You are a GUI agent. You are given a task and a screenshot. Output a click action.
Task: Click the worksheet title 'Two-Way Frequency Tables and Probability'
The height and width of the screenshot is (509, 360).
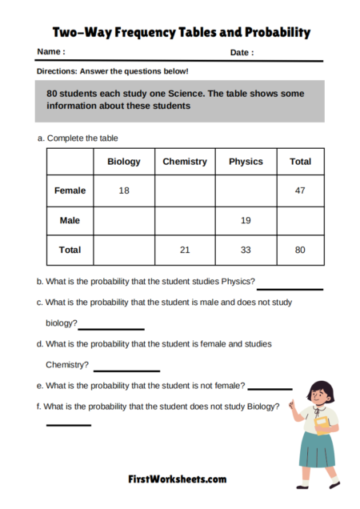(x=181, y=33)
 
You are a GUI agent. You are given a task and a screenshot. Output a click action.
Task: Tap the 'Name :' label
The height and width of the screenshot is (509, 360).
(x=51, y=53)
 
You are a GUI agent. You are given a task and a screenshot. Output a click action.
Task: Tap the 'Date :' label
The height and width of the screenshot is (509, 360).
(x=242, y=53)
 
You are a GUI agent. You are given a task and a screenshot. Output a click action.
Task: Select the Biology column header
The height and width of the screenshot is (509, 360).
(x=124, y=162)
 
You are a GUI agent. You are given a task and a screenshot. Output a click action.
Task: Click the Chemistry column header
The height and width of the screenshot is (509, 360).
(x=185, y=162)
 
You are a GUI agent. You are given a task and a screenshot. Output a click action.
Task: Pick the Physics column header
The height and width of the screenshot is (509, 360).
(x=246, y=162)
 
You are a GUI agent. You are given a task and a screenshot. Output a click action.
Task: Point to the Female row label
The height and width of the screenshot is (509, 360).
(x=70, y=191)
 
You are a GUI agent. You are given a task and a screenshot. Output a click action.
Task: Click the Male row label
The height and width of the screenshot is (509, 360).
(x=70, y=220)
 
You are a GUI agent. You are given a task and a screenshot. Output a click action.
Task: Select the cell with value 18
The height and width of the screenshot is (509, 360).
(x=124, y=191)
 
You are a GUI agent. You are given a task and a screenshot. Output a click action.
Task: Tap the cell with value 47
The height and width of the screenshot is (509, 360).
(x=300, y=191)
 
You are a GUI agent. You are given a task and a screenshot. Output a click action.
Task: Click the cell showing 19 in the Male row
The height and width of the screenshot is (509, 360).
(x=246, y=220)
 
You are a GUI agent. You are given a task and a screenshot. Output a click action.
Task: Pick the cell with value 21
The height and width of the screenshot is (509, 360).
(x=185, y=250)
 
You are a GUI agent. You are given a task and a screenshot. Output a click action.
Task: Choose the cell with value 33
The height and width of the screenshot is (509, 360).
(x=246, y=250)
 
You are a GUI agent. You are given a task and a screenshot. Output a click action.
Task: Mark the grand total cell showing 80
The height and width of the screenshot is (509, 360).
(x=300, y=250)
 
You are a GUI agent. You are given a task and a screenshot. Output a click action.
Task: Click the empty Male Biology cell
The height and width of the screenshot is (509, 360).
(x=124, y=220)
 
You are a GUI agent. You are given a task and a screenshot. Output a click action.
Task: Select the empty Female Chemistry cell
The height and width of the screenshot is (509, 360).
(x=185, y=191)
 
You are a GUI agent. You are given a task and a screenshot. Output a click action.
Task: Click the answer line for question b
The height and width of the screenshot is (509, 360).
(x=290, y=288)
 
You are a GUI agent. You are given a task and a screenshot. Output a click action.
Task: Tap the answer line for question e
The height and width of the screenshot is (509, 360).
(x=270, y=388)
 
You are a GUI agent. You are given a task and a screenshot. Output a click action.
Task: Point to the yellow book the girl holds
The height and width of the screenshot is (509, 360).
(x=321, y=424)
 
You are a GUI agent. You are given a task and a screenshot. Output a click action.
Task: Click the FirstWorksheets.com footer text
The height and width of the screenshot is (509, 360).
(x=178, y=479)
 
